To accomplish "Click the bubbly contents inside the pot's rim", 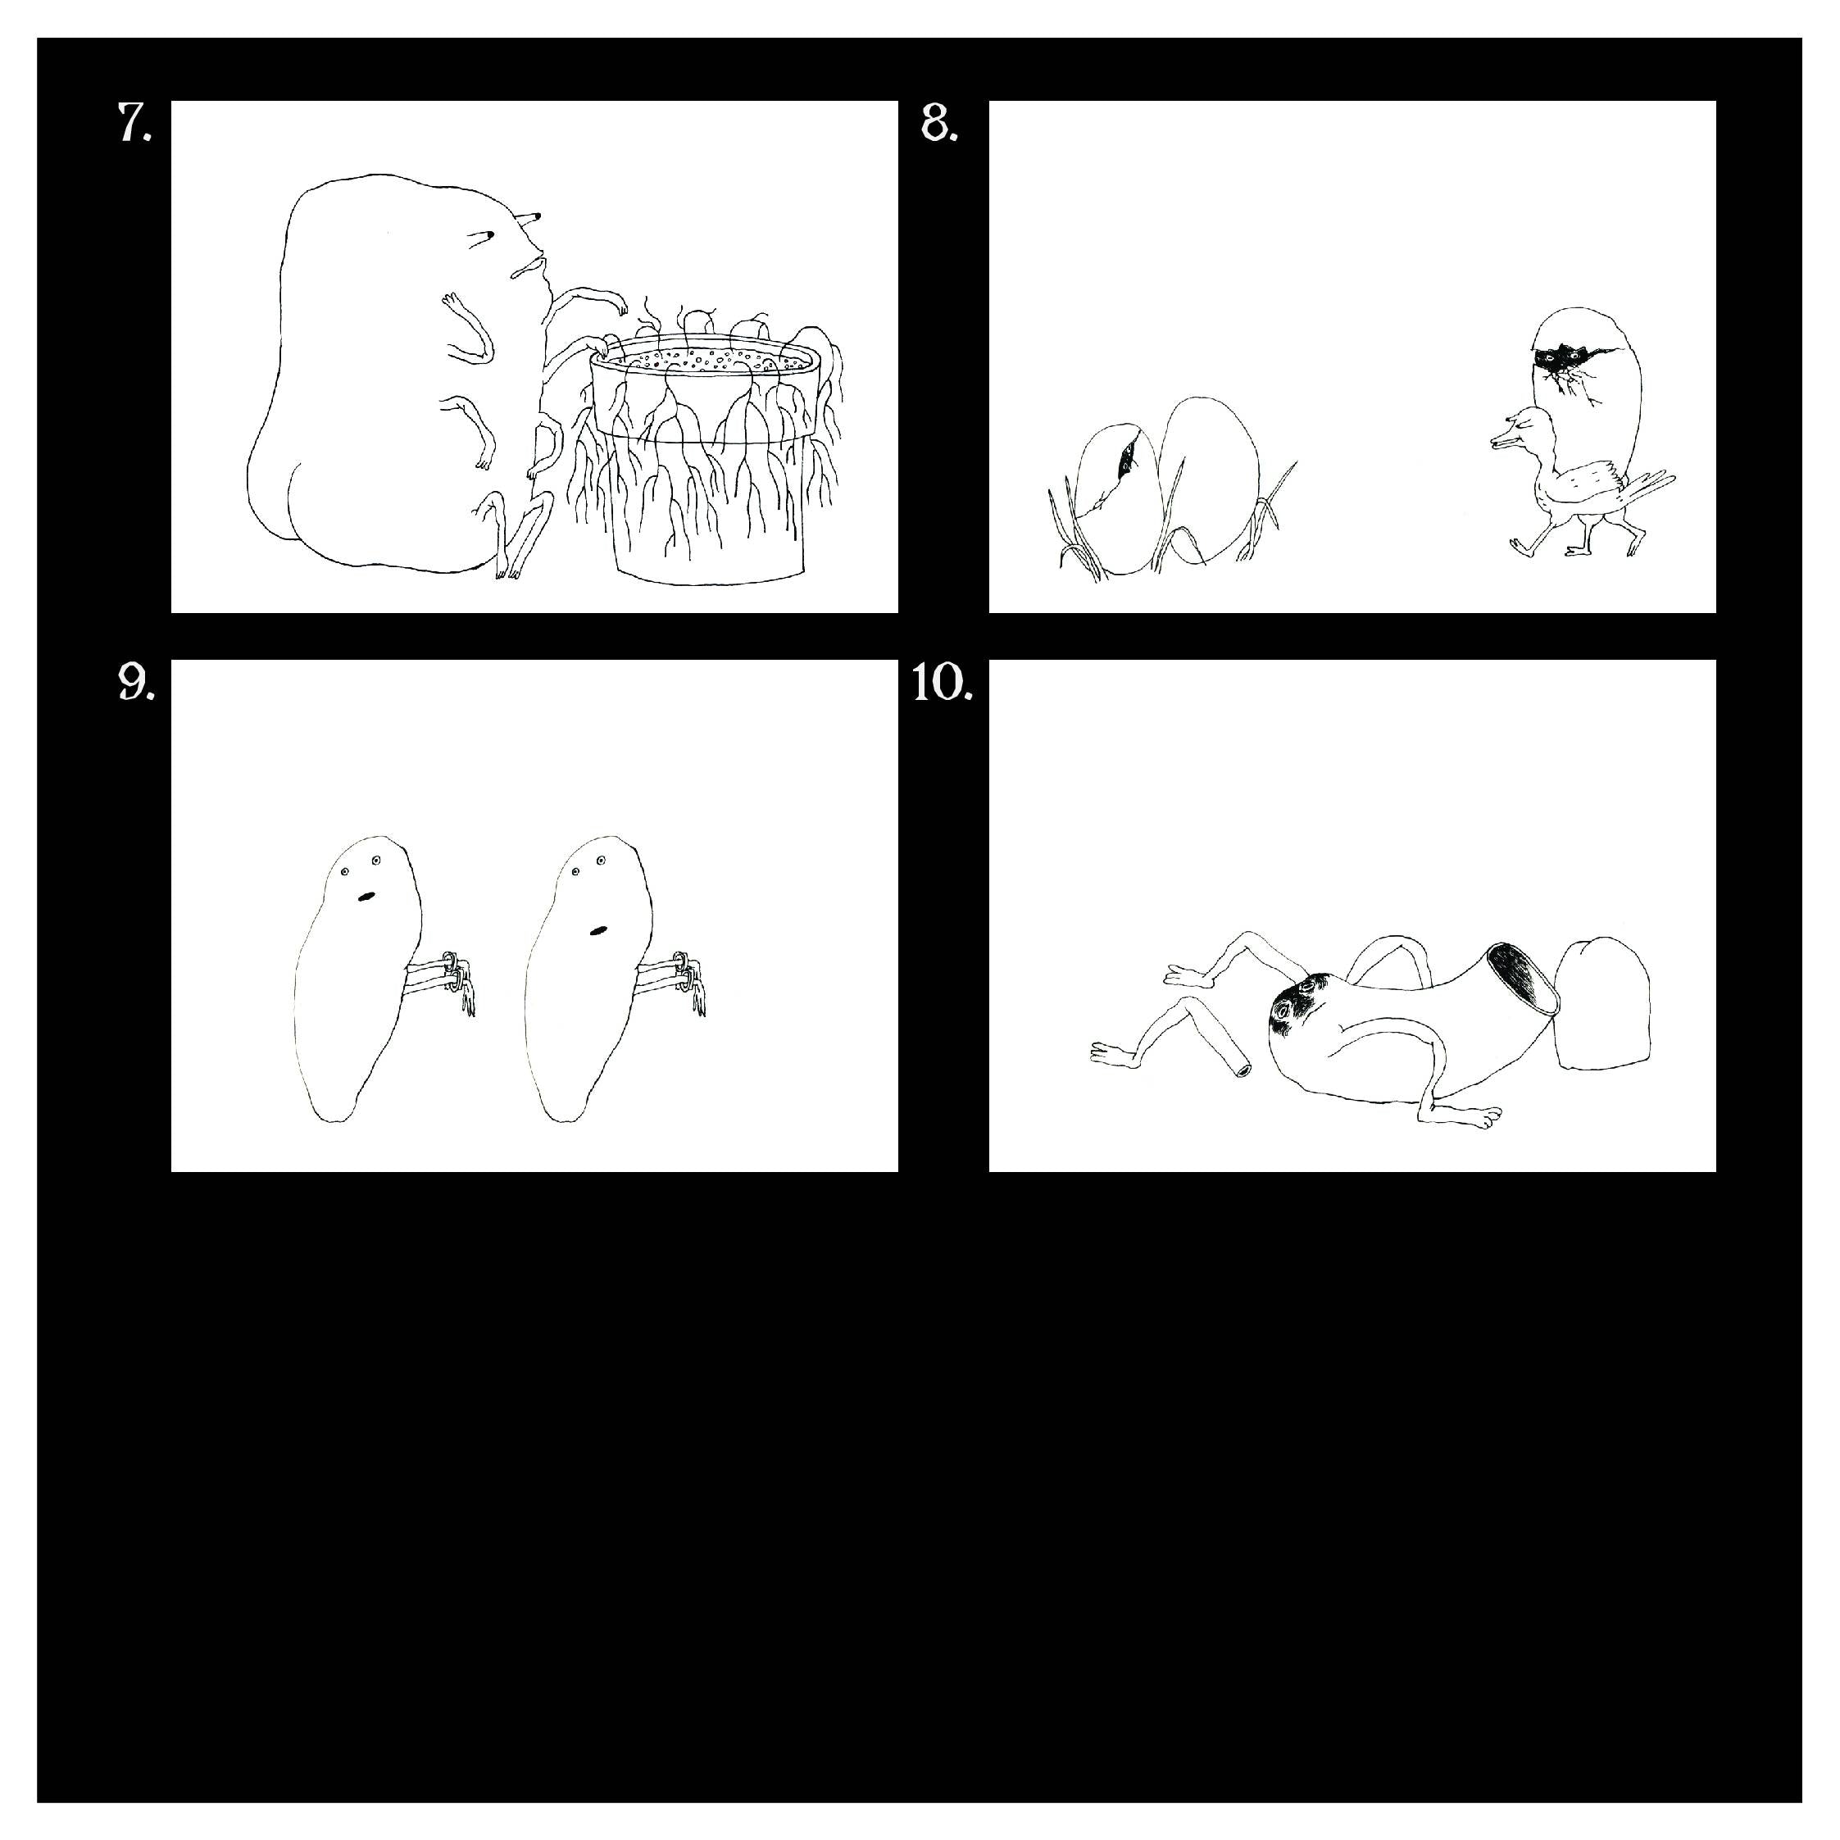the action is coord(705,360).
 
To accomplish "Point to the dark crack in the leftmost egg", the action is coord(1127,455).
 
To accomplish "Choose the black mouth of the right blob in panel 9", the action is coord(597,929).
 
